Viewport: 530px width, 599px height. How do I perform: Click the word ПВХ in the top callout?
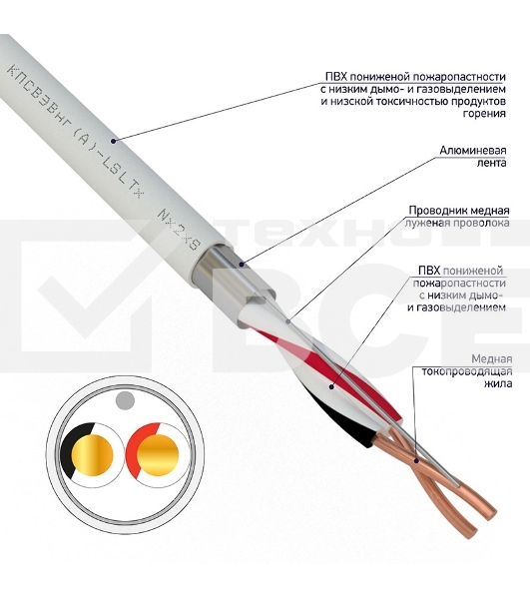[x=336, y=77]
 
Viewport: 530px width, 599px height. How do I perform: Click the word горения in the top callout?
[x=484, y=114]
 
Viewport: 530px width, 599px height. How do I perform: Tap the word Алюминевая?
[x=473, y=150]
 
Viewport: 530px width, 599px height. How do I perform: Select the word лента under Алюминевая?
[x=492, y=163]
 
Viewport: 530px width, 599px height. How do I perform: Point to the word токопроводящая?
[x=466, y=371]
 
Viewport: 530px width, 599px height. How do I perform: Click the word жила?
[x=498, y=383]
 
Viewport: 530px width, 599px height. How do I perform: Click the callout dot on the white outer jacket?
[x=113, y=142]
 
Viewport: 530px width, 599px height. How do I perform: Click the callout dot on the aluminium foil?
[x=242, y=264]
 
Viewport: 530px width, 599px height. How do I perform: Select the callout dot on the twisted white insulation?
[x=331, y=387]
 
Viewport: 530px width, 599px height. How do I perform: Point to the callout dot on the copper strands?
[x=416, y=461]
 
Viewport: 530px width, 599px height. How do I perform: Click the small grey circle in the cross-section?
[x=125, y=400]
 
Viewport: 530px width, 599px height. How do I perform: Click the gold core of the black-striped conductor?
[x=93, y=455]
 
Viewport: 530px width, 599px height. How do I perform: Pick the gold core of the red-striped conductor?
[x=158, y=455]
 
